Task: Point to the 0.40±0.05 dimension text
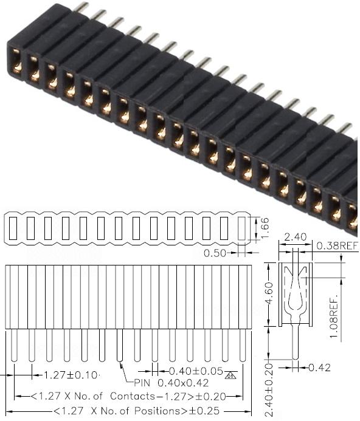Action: pos(196,371)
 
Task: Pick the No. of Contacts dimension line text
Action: pos(129,396)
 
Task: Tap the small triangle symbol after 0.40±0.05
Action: pos(229,374)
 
